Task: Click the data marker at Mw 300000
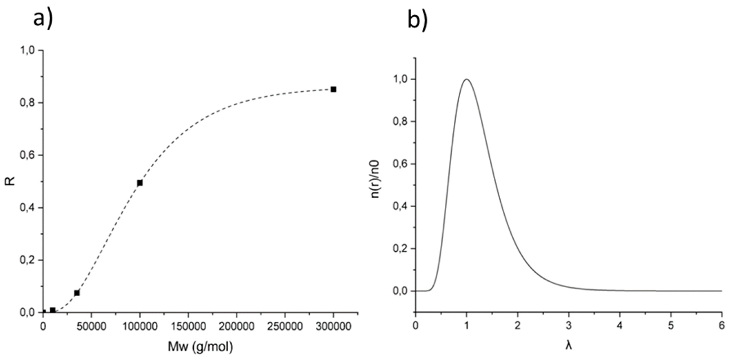click(333, 89)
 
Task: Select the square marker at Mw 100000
click(140, 183)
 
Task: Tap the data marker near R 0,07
click(77, 293)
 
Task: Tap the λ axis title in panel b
click(568, 346)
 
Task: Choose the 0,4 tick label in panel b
click(400, 206)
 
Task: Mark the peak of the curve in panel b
click(466, 79)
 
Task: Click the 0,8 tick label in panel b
click(400, 121)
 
